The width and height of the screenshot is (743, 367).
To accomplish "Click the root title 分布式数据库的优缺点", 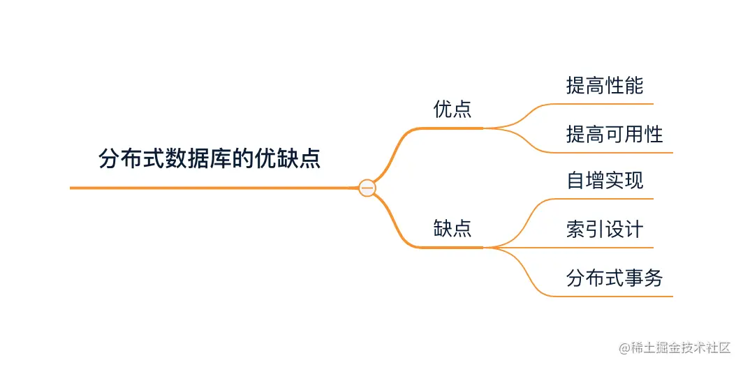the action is (x=209, y=158).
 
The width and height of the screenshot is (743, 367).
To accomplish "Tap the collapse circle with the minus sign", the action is (x=367, y=188).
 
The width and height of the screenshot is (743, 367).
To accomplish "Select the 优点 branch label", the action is (x=453, y=110).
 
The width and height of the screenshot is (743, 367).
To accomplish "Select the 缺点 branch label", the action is (x=453, y=228).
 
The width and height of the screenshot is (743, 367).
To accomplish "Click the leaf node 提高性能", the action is (x=605, y=86).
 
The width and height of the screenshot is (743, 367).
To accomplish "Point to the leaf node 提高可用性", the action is (x=615, y=134).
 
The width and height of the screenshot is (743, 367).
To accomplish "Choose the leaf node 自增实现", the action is (x=605, y=181).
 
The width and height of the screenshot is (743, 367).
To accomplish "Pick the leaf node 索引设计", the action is (x=605, y=230).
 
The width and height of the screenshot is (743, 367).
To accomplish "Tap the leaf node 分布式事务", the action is (x=615, y=278).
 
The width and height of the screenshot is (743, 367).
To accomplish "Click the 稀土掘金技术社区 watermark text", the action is (x=671, y=347).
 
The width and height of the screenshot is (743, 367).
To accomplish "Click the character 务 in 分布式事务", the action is (x=654, y=278).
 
